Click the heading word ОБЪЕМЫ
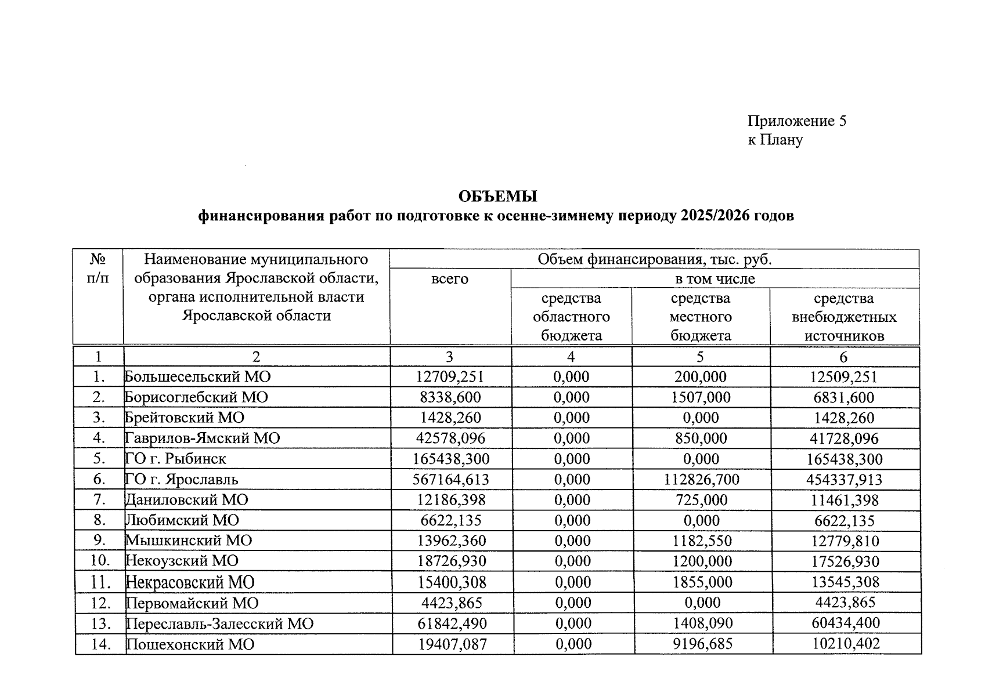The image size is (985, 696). coord(497,197)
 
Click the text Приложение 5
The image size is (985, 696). coord(796,121)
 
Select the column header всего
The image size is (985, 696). coord(450,279)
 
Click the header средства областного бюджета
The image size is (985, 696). coord(571,317)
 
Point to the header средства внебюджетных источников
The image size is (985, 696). coord(844,317)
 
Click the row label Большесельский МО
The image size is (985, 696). coord(198,377)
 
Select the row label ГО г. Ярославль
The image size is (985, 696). coord(182,479)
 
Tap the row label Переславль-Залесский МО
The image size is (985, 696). coord(220,623)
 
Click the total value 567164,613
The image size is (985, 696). coord(451,479)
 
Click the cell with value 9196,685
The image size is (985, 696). coord(702,644)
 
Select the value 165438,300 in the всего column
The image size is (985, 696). coord(451,459)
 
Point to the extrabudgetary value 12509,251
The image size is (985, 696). coord(844,377)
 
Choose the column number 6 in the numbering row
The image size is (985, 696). coord(844,357)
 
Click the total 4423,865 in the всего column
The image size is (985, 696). coord(452,603)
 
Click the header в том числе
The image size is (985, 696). coord(715,279)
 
